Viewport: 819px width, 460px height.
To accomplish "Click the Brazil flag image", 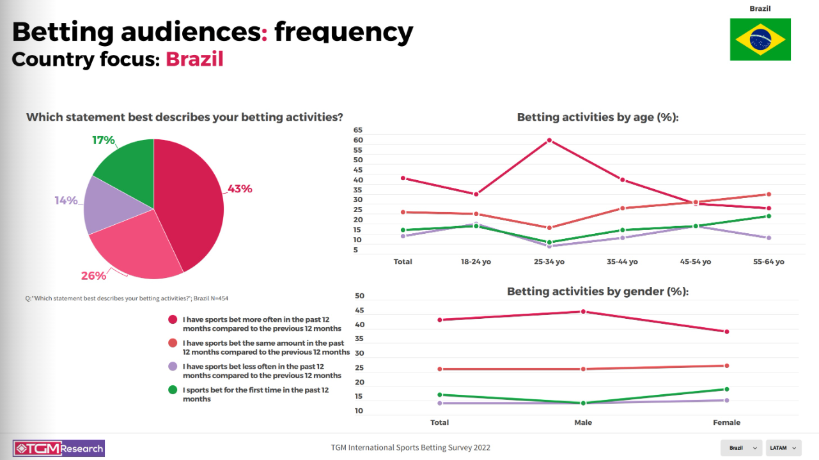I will pyautogui.click(x=760, y=40).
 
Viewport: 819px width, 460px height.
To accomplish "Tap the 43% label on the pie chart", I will pyautogui.click(x=240, y=189).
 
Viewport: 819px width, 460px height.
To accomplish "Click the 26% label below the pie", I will pyautogui.click(x=93, y=276).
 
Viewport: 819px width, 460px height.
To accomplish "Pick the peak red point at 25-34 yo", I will pyautogui.click(x=549, y=140).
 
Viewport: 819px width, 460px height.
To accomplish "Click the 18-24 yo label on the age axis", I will pyautogui.click(x=476, y=262).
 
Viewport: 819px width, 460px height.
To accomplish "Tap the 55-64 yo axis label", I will pyautogui.click(x=768, y=262).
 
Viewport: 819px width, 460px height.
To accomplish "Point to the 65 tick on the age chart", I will pyautogui.click(x=358, y=130).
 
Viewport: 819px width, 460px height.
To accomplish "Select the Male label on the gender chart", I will pyautogui.click(x=583, y=422).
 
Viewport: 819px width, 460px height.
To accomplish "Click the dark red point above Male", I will pyautogui.click(x=583, y=312).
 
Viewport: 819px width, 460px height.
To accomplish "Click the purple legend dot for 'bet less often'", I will pyautogui.click(x=173, y=367).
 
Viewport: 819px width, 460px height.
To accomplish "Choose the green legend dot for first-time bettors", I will pyautogui.click(x=173, y=390).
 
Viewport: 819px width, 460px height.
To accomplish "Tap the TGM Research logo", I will pyautogui.click(x=59, y=448).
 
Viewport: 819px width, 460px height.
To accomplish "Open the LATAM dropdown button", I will pyautogui.click(x=783, y=448).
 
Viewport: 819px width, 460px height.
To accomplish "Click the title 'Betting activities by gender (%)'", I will pyautogui.click(x=597, y=291).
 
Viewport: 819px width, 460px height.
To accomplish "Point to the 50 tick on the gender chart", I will pyautogui.click(x=359, y=296).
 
